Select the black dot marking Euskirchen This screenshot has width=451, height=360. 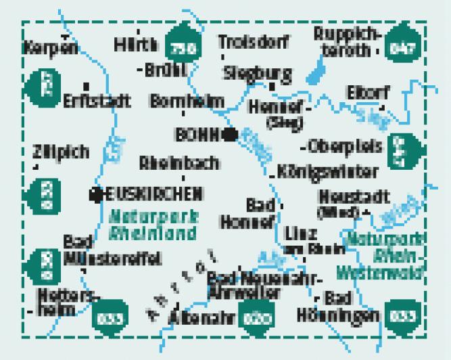coord(96,195)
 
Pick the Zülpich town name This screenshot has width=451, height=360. coord(60,153)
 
